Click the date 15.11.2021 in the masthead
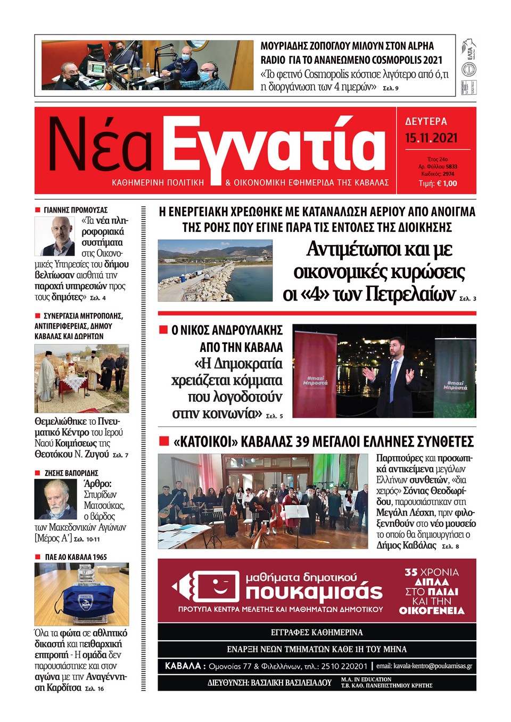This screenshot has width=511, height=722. pos(431,138)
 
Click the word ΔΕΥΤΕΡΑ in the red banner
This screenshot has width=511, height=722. pos(426,121)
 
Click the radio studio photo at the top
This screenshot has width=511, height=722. pos(147,65)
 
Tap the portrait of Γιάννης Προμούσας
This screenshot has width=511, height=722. pos(55,236)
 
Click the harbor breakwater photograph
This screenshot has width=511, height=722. pos(215,271)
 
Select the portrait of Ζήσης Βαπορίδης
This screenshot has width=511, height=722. pos(56,499)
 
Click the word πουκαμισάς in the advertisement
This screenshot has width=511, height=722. pos(314,592)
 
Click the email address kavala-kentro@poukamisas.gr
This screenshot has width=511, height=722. pos(424,666)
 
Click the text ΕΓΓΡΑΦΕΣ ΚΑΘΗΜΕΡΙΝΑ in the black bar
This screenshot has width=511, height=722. pos(317,632)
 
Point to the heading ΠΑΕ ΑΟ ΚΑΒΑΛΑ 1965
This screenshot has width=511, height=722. pos(76,557)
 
